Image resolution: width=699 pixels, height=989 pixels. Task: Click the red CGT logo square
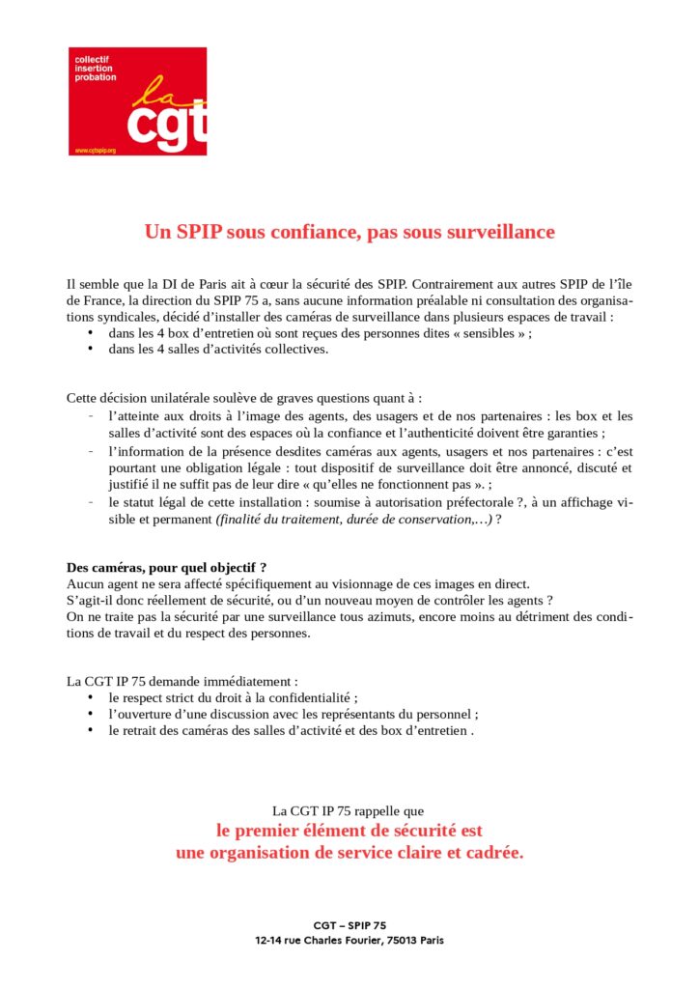[137, 100]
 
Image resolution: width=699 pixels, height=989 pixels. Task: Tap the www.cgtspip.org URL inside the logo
[96, 151]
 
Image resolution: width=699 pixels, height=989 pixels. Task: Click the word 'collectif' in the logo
[92, 60]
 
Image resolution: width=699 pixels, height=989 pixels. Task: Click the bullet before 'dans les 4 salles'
[90, 350]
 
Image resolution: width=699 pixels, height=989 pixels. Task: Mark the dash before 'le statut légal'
[90, 502]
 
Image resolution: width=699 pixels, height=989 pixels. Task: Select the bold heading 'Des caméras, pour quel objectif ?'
[166, 567]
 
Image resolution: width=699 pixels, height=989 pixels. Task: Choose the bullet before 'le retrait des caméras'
[90, 730]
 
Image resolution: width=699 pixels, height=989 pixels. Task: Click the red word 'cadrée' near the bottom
[492, 854]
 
